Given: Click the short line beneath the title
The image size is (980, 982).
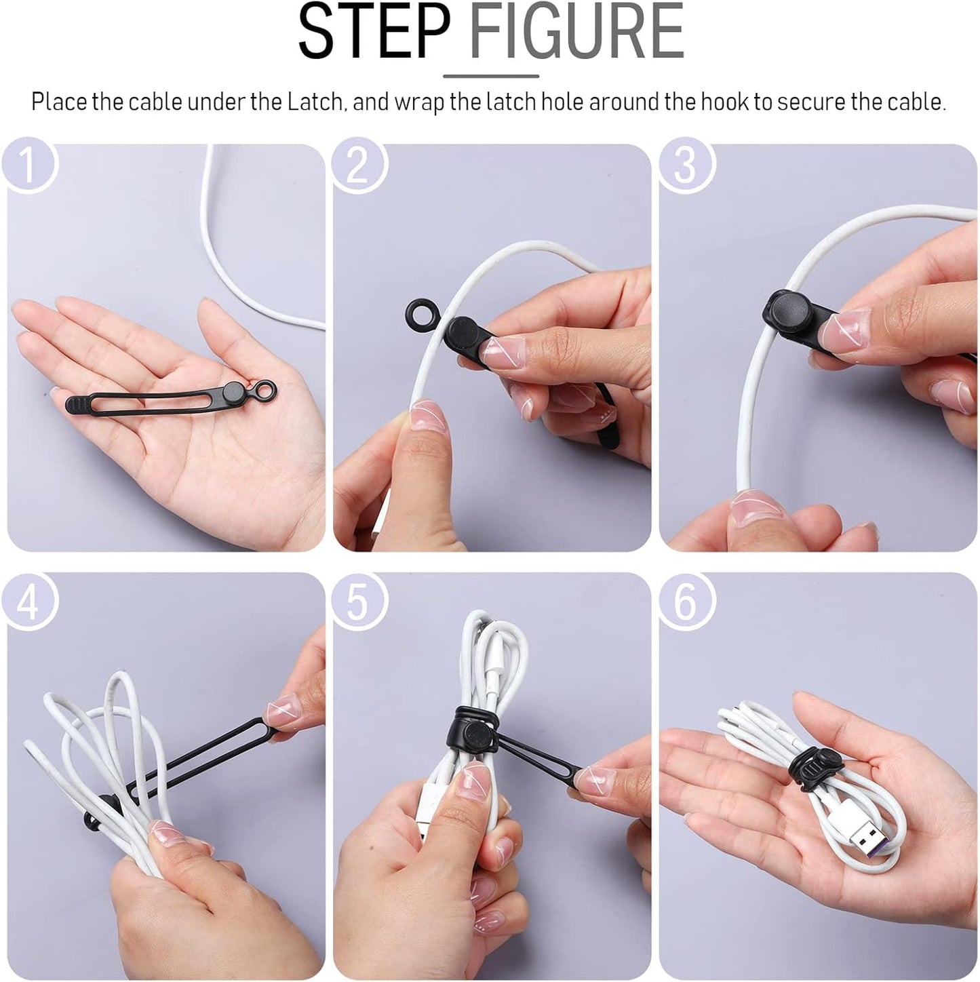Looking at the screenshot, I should point(491,77).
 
